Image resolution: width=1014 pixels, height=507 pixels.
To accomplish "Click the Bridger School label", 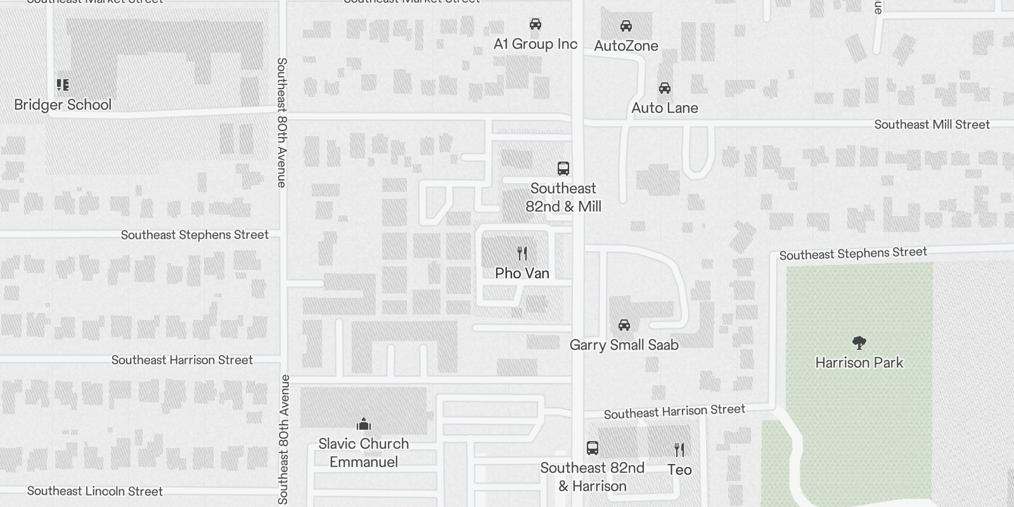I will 63,105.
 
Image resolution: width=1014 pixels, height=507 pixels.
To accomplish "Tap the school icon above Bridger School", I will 63,84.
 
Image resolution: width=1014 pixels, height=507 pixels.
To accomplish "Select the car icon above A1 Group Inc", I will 536,24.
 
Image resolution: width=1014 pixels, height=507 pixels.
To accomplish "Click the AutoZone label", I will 626,46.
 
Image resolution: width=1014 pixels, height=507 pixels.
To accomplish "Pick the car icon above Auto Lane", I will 664,87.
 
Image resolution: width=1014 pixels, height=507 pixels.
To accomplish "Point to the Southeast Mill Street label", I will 932,124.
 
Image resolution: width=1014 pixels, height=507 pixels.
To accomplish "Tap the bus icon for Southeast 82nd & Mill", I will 563,168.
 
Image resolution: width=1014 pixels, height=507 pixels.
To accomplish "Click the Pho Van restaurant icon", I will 522,253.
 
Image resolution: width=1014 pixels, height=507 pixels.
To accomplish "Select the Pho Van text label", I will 522,273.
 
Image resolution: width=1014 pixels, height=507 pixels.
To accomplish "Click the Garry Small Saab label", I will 624,345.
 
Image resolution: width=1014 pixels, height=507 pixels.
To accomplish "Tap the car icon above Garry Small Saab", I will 624,325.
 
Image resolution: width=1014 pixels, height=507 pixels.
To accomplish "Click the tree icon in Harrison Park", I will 859,343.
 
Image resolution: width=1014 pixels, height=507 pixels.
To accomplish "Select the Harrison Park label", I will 859,363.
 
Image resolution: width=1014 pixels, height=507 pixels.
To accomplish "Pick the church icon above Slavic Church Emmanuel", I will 364,423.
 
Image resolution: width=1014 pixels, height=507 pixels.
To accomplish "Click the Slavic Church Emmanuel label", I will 364,452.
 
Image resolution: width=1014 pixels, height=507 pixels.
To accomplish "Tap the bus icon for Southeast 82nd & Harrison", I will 593,448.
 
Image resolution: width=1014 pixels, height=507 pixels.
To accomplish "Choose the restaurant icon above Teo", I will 679,450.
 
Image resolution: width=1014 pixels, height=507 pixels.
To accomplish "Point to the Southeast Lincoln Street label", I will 95,491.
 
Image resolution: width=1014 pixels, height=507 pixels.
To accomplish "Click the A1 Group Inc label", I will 536,44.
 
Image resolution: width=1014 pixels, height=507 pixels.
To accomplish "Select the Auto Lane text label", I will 664,108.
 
